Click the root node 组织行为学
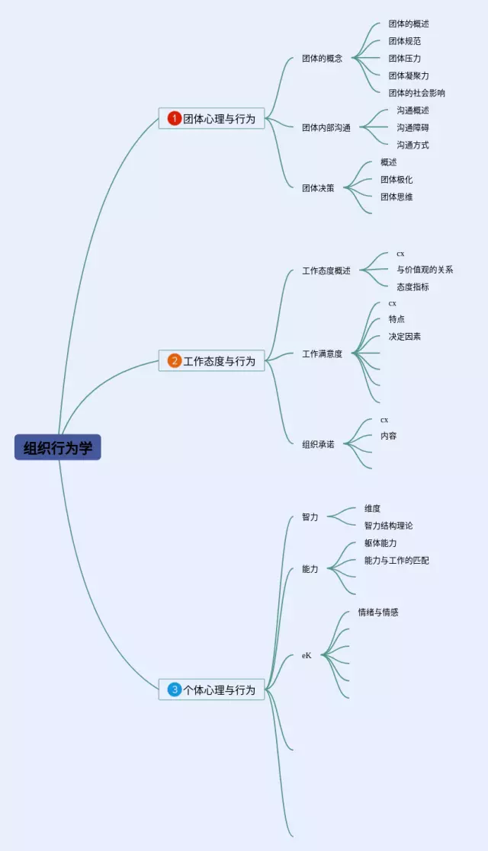[x=57, y=447]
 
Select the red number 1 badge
[x=175, y=118]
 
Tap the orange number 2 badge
[x=175, y=360]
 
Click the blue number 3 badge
[x=175, y=689]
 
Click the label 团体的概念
[x=322, y=58]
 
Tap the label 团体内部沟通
[x=326, y=127]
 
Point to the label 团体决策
[x=318, y=187]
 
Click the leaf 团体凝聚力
[x=409, y=75]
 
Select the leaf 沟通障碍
[x=413, y=127]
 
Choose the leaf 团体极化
[x=396, y=180]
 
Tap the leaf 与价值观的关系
[x=425, y=269]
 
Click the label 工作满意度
[x=322, y=354]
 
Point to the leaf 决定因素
[x=404, y=336]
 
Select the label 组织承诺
[x=318, y=443]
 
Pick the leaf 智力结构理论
[x=388, y=526]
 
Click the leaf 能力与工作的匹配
[x=396, y=560]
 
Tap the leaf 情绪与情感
[x=378, y=612]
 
